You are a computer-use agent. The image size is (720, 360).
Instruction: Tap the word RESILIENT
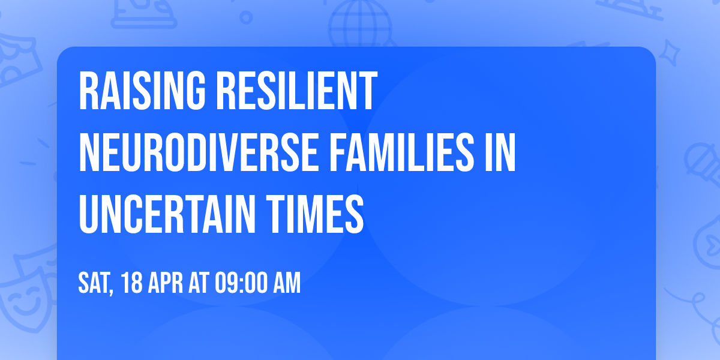coord(295,92)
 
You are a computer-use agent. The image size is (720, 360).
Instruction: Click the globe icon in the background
coord(358,21)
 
